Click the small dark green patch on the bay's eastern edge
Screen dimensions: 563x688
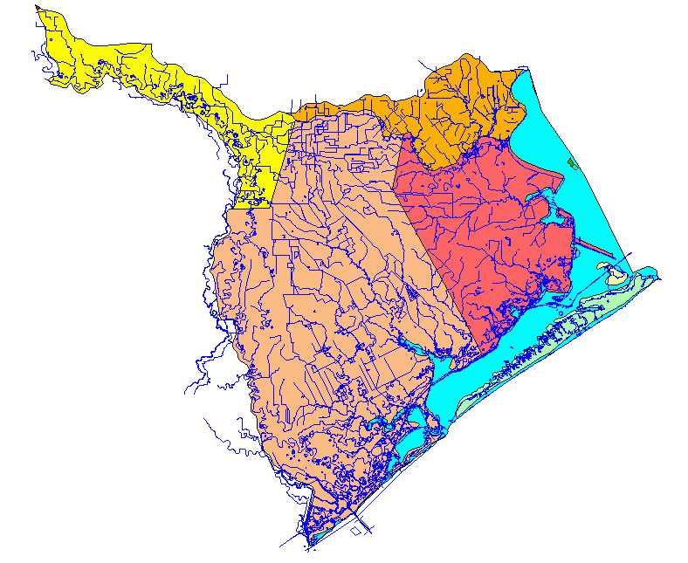click(572, 162)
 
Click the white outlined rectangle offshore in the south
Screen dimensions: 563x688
click(357, 528)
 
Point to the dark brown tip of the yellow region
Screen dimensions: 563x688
click(38, 8)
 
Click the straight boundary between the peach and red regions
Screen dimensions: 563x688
click(428, 253)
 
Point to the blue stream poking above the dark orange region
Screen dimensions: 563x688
click(424, 66)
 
